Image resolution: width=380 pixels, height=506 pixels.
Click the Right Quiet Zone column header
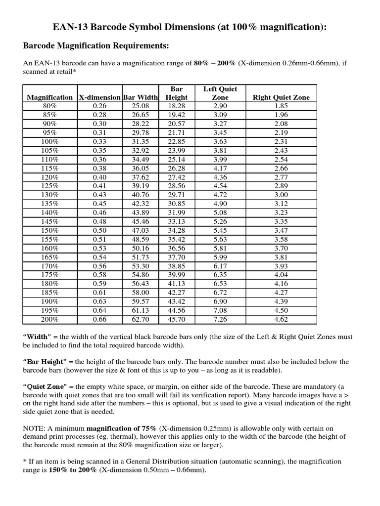(x=281, y=97)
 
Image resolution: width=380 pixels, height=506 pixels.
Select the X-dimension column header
(x=99, y=97)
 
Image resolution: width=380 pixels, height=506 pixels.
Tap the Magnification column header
(x=49, y=97)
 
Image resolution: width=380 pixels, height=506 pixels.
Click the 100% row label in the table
(x=50, y=142)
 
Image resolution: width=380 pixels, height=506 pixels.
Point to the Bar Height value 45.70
(x=176, y=319)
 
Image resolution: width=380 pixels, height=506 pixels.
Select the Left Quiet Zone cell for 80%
(x=220, y=106)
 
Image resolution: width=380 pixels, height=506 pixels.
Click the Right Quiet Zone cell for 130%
(x=281, y=195)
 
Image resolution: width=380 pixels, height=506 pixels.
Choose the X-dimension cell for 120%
(x=99, y=177)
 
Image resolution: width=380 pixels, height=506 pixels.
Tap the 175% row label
(x=50, y=275)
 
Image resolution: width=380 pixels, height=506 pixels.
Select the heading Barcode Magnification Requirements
(x=96, y=46)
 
